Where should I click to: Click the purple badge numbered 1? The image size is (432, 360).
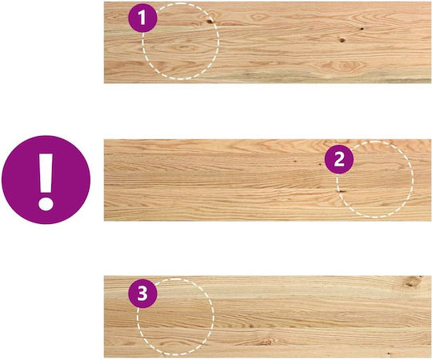[x=142, y=18]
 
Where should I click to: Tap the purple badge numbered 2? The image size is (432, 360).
[x=339, y=159]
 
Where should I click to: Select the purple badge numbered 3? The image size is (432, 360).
[x=142, y=294]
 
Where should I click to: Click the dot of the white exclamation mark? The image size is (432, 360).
[x=46, y=204]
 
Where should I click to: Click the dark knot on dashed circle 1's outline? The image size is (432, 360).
[x=210, y=22]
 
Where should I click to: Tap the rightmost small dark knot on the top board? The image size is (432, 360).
[x=362, y=28]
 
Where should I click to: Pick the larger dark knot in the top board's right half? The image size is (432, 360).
[x=342, y=40]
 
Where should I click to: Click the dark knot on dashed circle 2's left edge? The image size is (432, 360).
[x=342, y=191]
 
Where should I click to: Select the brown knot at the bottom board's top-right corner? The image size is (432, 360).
[x=412, y=282]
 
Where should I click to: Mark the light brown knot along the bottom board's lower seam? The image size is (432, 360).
[x=266, y=342]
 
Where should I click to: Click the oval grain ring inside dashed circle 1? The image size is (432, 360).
[x=182, y=48]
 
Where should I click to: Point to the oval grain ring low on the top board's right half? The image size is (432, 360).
[x=344, y=66]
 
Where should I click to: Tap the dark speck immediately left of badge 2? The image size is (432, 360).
[x=320, y=164]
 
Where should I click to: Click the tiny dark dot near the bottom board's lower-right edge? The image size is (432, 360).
[x=389, y=353]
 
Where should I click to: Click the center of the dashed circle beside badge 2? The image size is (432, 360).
[x=374, y=179]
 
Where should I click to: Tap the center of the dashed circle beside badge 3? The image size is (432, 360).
[x=176, y=317]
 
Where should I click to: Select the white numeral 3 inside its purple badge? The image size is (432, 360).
[x=142, y=294]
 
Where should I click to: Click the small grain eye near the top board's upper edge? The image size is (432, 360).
[x=258, y=17]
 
